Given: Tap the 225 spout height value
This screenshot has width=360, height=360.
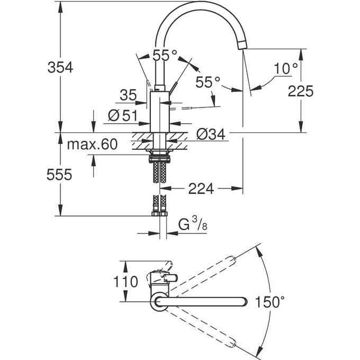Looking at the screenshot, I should click(302, 91).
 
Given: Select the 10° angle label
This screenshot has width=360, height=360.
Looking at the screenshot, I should click(286, 68).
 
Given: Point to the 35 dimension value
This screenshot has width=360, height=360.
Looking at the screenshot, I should click(128, 96).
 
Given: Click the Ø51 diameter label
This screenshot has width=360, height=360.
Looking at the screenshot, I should click(123, 115).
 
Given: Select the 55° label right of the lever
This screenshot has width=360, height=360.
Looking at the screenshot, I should click(207, 82).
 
